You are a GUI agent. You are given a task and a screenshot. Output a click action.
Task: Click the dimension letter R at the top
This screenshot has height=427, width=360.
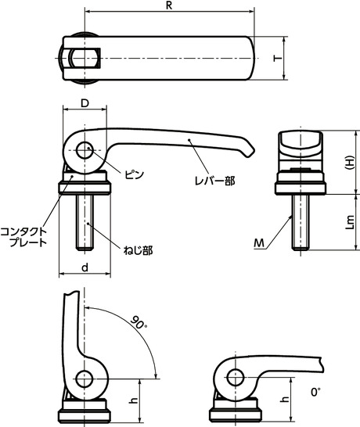pos(168,5)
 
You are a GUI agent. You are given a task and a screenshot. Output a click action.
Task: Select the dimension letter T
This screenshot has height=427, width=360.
pos(275,58)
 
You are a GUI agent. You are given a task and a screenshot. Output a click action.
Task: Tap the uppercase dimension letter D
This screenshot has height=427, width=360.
pos(84,102)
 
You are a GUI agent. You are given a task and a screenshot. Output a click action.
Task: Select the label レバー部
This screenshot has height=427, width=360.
pos(215,181)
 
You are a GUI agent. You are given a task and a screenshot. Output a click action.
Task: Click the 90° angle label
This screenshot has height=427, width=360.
pos(138,322)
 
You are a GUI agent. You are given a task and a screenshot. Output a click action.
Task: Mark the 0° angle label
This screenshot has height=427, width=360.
pos(316,391)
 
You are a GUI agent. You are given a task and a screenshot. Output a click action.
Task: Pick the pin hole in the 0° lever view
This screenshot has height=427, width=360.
pos(234,378)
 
